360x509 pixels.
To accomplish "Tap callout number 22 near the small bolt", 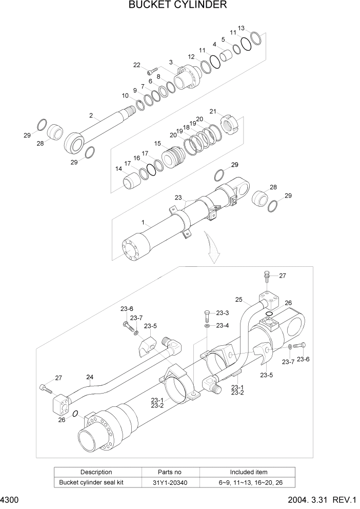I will click(x=137, y=65).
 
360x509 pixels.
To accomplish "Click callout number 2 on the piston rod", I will click(x=91, y=116).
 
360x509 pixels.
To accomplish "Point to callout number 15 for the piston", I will click(x=157, y=144).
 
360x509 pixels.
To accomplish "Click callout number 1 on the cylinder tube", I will click(x=145, y=223).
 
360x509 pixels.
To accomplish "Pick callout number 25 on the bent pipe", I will click(x=238, y=300).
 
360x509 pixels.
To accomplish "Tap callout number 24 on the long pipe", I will click(x=90, y=379).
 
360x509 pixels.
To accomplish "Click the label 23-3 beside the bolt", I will click(x=222, y=312).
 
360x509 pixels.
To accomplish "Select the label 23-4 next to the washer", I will click(x=222, y=325).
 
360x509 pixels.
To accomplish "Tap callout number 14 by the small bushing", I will click(x=118, y=169).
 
